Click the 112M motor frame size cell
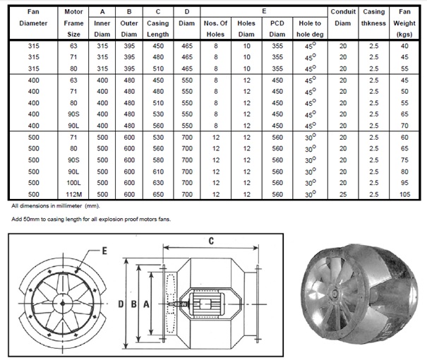(73, 194)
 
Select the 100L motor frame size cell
(73, 183)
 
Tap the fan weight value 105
(404, 194)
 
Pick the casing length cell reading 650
(158, 194)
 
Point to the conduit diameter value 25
(343, 194)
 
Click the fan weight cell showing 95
(404, 183)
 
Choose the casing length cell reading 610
(158, 172)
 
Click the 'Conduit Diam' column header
(343, 18)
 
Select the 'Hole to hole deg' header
(310, 29)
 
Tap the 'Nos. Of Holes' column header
(215, 29)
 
